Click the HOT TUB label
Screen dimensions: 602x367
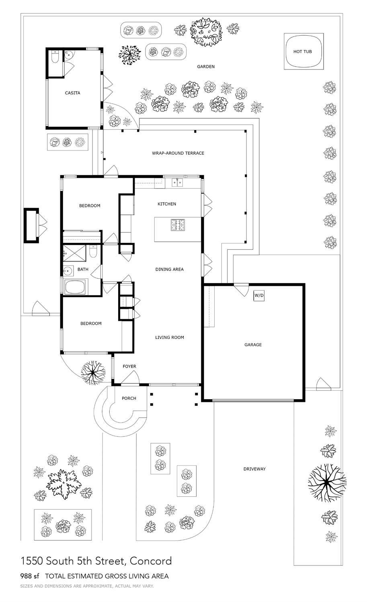coord(302,51)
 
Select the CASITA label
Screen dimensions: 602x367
coord(72,93)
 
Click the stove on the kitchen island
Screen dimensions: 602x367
coord(177,225)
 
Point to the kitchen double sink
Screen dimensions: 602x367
coord(177,183)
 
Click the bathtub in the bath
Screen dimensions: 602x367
coord(76,287)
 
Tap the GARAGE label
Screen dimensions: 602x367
coord(253,345)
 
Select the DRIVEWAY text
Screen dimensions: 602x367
coord(254,469)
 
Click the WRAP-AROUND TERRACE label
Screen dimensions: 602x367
coord(178,153)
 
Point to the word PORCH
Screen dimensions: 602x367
coord(129,398)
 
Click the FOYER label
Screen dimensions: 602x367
coord(129,366)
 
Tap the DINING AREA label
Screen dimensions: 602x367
coord(169,269)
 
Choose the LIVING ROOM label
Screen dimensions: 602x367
coord(169,337)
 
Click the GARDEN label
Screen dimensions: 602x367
coord(205,67)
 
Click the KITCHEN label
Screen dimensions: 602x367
coord(166,204)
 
